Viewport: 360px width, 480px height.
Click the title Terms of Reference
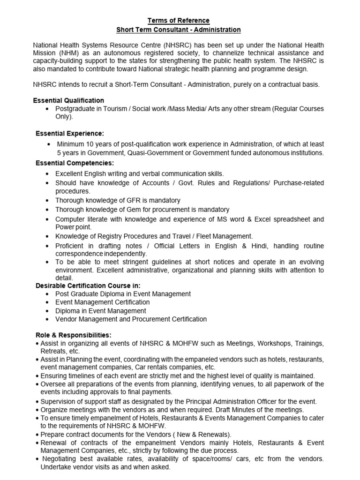(179, 21)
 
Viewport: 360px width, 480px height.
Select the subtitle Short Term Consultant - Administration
(179, 30)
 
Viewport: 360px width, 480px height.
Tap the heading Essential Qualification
(68, 100)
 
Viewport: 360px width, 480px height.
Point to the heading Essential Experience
(70, 134)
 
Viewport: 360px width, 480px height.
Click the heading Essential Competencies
(75, 163)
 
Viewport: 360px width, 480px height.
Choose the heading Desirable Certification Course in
(88, 285)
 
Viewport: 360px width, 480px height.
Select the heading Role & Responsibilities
(74, 335)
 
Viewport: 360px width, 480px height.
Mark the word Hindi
(259, 246)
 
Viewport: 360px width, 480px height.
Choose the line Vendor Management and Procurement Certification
(131, 319)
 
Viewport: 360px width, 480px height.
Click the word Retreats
(53, 351)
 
